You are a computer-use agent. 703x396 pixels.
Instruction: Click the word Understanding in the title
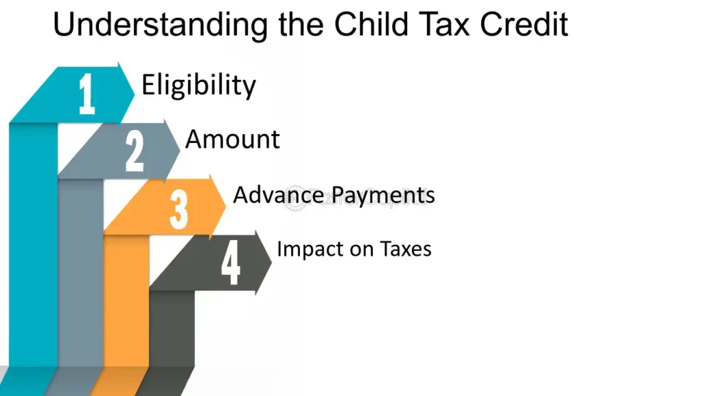click(161, 25)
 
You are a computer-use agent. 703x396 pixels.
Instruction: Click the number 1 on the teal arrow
click(87, 94)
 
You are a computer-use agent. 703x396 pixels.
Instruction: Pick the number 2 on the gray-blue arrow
click(135, 151)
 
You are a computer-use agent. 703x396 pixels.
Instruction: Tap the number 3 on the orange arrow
click(178, 208)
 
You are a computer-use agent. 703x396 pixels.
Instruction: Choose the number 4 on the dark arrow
click(231, 264)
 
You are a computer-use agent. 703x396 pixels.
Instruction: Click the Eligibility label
click(198, 85)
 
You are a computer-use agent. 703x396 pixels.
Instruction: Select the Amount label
click(233, 140)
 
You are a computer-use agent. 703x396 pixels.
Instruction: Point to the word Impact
click(306, 248)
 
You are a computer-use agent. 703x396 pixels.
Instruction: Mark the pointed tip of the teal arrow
click(135, 89)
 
